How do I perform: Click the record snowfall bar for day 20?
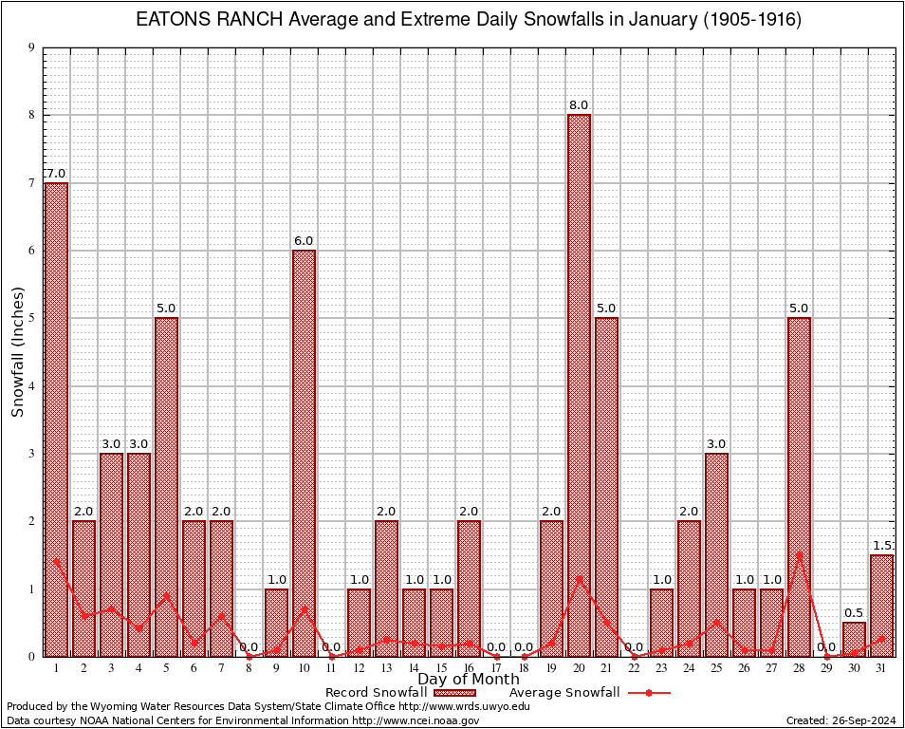(579, 384)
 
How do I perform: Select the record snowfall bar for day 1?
(56, 419)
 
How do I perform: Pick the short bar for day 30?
(854, 639)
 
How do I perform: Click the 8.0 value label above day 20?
(579, 105)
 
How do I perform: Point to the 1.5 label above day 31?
(882, 546)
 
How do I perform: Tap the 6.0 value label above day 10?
(304, 241)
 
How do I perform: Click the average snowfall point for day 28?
(799, 555)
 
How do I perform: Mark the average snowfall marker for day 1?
(56, 562)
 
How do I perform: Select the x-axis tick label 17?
(496, 668)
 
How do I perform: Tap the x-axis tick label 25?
(716, 668)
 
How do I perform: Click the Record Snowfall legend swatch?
(453, 693)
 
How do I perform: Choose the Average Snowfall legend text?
(564, 693)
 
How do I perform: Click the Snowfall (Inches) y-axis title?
(18, 352)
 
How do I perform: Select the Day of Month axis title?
(469, 680)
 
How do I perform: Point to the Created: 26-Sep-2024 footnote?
(841, 720)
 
